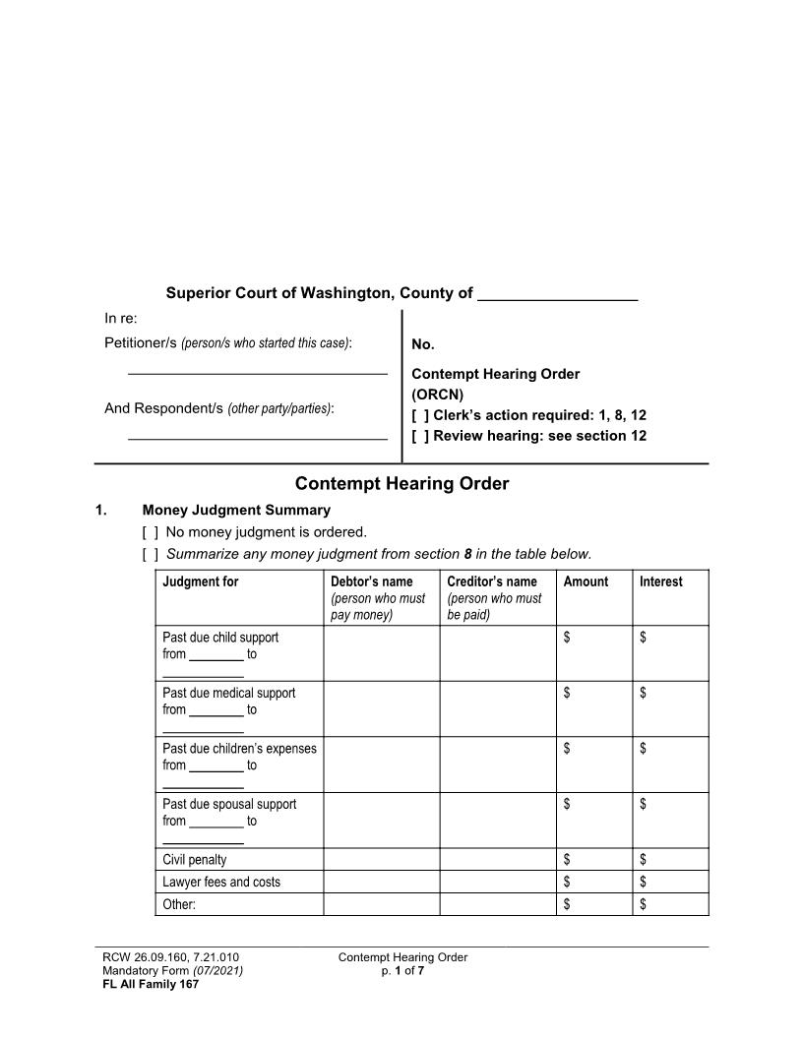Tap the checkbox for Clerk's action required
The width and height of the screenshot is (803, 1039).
pyautogui.click(x=420, y=415)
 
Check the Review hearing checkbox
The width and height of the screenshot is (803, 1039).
pyautogui.click(x=420, y=436)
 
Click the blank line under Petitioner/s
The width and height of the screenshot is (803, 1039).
pyautogui.click(x=258, y=372)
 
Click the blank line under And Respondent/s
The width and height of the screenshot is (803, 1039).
pyautogui.click(x=258, y=437)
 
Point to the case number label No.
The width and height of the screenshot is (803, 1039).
pyautogui.click(x=423, y=344)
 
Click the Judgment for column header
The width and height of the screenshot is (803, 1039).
pyautogui.click(x=201, y=581)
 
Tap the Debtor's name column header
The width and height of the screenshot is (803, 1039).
pyautogui.click(x=372, y=581)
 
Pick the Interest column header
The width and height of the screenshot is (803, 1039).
pyautogui.click(x=660, y=581)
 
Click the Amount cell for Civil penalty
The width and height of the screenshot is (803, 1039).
pyautogui.click(x=594, y=860)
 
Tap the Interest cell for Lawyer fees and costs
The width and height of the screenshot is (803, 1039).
pyautogui.click(x=670, y=883)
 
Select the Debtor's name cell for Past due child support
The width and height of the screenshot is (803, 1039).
pyautogui.click(x=381, y=652)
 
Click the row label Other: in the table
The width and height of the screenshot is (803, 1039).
pyautogui.click(x=179, y=905)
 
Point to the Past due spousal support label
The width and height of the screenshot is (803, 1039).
pyautogui.click(x=229, y=804)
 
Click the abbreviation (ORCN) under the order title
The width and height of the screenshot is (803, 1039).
pyautogui.click(x=438, y=395)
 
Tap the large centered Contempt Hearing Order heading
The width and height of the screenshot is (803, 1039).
pyautogui.click(x=401, y=484)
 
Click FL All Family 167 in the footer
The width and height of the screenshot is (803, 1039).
pyautogui.click(x=151, y=984)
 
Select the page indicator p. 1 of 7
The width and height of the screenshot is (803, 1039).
pyautogui.click(x=401, y=971)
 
